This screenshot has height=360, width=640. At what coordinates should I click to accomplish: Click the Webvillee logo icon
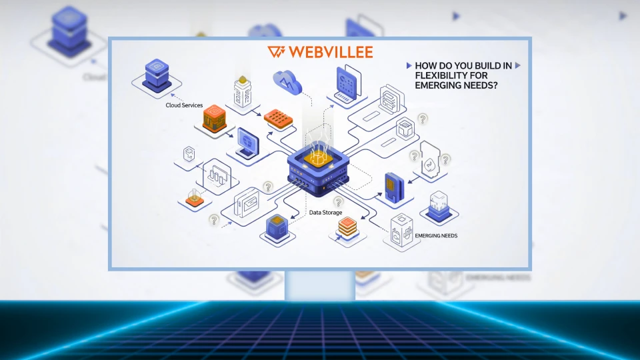pyautogui.click(x=276, y=52)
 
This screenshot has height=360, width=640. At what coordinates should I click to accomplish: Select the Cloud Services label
pyautogui.click(x=185, y=105)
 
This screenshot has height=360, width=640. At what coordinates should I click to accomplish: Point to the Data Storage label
pyautogui.click(x=326, y=213)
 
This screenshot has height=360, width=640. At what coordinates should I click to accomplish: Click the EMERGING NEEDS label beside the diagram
pyautogui.click(x=436, y=236)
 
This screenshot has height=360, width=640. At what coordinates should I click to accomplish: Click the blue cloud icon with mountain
pyautogui.click(x=287, y=81)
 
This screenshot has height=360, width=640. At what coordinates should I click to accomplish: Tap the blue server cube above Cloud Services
pyautogui.click(x=157, y=74)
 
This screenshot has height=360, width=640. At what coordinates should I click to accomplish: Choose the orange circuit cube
pyautogui.click(x=215, y=119)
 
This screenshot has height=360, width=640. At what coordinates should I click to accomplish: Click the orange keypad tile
pyautogui.click(x=278, y=118)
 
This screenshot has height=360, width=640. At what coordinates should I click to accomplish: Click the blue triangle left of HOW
pyautogui.click(x=409, y=65)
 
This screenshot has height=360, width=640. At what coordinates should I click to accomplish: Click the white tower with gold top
pyautogui.click(x=242, y=92)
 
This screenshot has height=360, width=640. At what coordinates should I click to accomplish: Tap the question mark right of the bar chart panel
pyautogui.click(x=268, y=187)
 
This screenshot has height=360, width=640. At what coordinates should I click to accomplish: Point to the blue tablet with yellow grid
pyautogui.click(x=394, y=186)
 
